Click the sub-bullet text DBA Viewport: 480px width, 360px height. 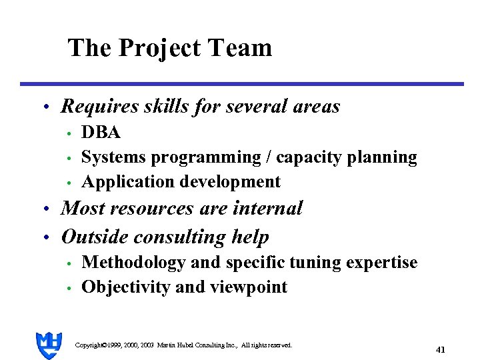(101, 133)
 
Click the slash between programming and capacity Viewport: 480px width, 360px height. (268, 157)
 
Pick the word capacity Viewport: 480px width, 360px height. (305, 158)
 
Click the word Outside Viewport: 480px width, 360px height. (95, 237)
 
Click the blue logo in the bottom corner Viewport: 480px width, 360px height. (49, 345)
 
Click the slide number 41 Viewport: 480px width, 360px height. (440, 349)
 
